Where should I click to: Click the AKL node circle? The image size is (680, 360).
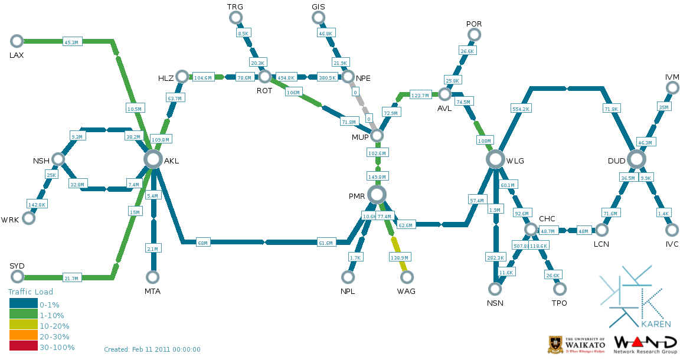point(153,159)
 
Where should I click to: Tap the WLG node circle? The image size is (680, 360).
point(496,159)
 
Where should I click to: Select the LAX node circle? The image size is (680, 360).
point(17,41)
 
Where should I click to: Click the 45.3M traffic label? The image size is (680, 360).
point(71,42)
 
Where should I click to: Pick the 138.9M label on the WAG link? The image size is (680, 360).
point(400,257)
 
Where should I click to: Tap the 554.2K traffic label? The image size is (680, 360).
point(521,109)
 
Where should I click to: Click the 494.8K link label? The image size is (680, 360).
point(286,77)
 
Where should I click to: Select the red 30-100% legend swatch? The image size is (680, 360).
point(24,347)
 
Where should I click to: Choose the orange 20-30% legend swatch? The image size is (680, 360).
point(24,336)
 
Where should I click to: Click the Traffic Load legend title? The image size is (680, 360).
point(31,292)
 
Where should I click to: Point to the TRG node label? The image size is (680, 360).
point(235,6)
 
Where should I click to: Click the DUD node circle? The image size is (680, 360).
point(636,159)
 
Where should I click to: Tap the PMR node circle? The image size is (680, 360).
point(377,194)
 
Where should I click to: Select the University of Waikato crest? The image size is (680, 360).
point(555,344)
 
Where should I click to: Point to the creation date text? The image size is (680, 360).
point(152,349)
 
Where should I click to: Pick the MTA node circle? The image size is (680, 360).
point(153,277)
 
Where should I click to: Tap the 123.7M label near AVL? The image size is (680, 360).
point(420,95)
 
